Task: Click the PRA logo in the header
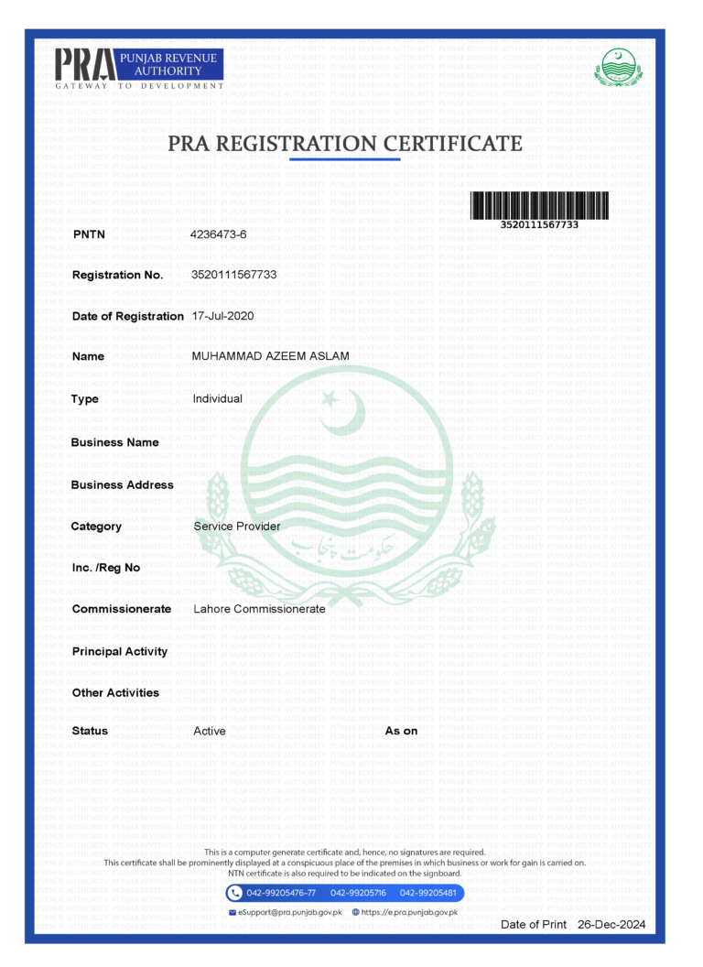pos(137,68)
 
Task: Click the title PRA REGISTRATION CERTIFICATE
pos(345,144)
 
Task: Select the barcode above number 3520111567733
pos(540,205)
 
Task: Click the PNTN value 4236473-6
pos(218,234)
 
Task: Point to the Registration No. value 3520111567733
pos(234,275)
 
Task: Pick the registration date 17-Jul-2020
pos(223,316)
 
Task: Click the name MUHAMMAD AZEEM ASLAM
pos(270,356)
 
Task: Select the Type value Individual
pos(218,399)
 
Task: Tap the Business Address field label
pos(122,484)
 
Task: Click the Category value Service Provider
pos(237,527)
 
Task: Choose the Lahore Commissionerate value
pos(259,609)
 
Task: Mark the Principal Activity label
pos(120,651)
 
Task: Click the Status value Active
pos(210,731)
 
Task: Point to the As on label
pos(401,731)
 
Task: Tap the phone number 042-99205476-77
pos(282,893)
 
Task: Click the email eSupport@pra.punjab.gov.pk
pos(289,912)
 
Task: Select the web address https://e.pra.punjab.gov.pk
pos(409,912)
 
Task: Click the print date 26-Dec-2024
pos(611,925)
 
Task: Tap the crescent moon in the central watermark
pos(342,413)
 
